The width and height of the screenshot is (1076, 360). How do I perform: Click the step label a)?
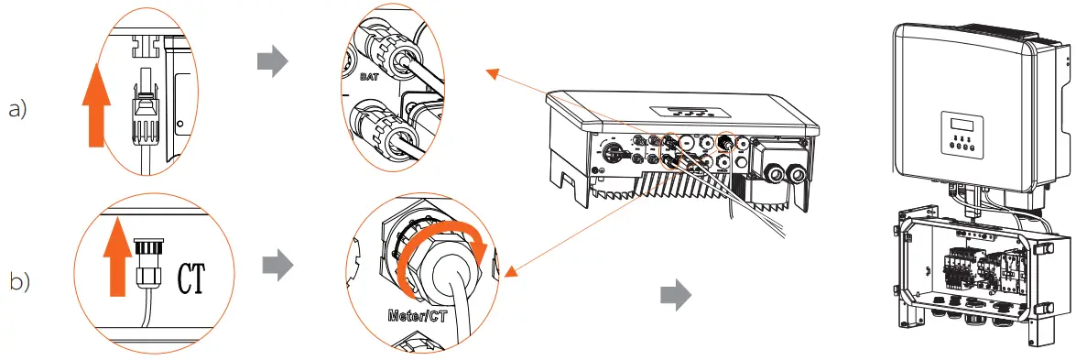tap(18, 109)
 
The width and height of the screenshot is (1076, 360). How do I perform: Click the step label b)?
tap(18, 281)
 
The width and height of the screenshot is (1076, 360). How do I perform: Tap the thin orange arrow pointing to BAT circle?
tap(531, 92)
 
